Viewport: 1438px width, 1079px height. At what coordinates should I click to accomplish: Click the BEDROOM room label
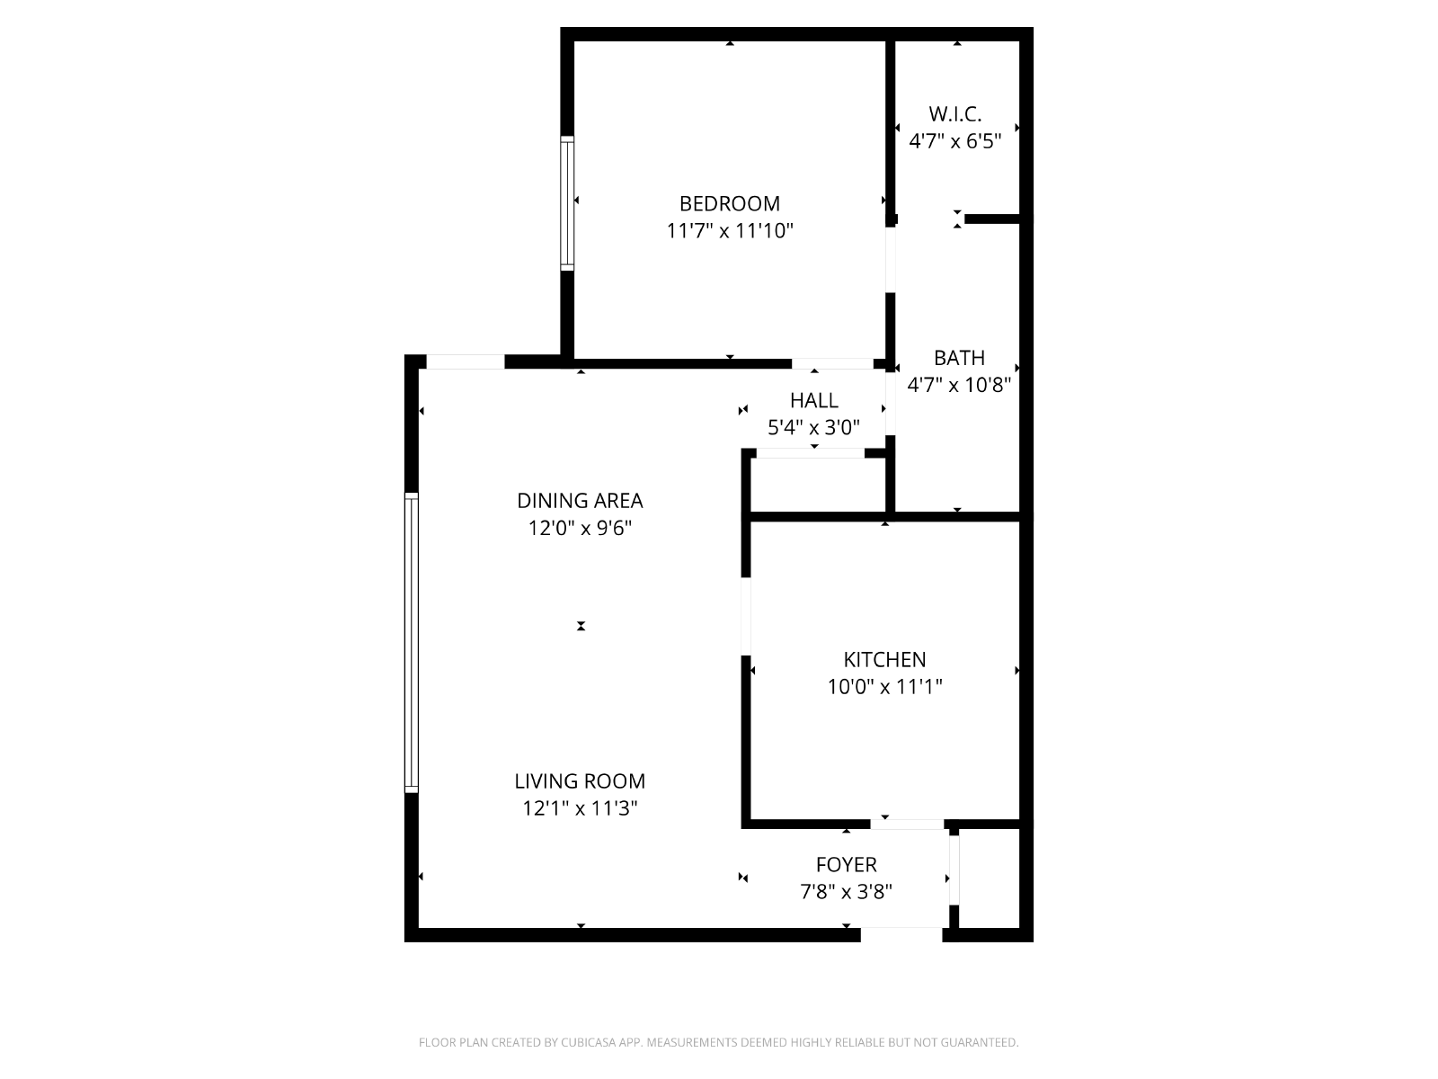(x=729, y=204)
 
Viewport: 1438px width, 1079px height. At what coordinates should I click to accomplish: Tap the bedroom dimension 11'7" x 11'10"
(x=729, y=230)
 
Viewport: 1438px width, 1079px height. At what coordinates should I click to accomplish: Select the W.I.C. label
(x=954, y=114)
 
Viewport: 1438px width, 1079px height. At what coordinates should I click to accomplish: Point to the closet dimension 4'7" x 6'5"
(x=954, y=141)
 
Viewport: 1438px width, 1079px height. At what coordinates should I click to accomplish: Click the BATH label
(x=959, y=358)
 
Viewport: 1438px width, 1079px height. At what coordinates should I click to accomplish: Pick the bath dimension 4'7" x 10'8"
(x=959, y=385)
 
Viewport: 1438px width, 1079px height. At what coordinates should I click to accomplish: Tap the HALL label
(x=813, y=400)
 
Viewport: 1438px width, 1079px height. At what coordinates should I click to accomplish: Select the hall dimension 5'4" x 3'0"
(x=813, y=427)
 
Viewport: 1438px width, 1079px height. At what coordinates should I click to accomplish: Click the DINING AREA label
(x=580, y=501)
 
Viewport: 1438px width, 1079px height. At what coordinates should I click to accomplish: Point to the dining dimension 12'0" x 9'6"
(x=580, y=528)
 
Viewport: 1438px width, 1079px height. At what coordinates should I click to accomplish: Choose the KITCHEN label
(x=884, y=659)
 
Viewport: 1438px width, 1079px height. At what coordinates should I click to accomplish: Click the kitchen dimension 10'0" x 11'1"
(x=884, y=686)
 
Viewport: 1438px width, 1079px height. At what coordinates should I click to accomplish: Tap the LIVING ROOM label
(x=580, y=780)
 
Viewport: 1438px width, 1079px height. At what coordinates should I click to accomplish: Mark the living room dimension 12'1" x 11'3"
(x=580, y=807)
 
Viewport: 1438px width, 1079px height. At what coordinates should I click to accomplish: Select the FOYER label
(x=846, y=865)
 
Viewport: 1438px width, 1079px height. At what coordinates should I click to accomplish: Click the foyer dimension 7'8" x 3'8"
(x=846, y=892)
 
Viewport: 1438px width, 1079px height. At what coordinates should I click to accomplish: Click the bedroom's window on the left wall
(x=567, y=203)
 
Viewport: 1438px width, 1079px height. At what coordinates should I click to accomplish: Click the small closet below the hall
(x=818, y=485)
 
